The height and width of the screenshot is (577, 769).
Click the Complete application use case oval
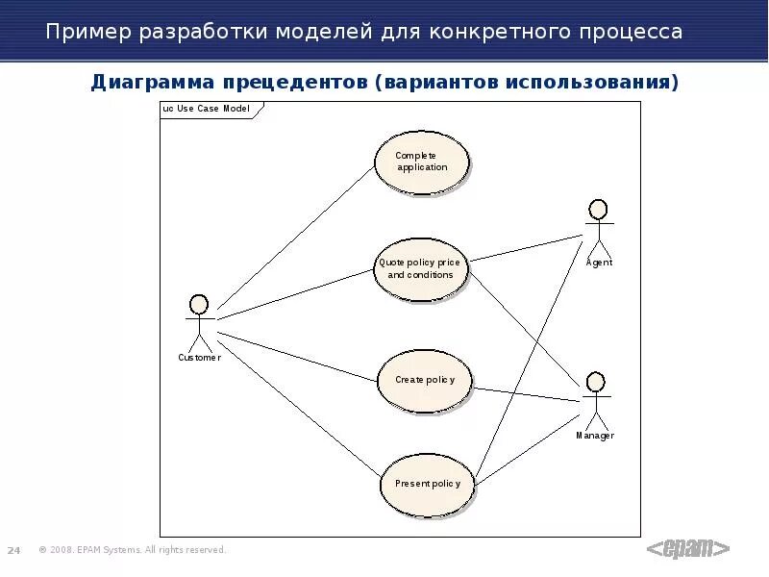pos(420,162)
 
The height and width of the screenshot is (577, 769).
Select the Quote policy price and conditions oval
pos(420,268)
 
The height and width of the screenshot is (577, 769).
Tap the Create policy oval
pos(424,380)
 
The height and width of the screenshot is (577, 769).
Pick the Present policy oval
pos(427,484)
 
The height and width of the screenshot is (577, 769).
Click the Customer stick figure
pos(199,322)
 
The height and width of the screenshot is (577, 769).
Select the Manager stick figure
pos(595,400)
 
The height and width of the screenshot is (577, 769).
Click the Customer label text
pos(199,358)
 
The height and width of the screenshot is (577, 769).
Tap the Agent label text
pos(599,263)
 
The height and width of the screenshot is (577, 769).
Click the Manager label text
pos(595,436)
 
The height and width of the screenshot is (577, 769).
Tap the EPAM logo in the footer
pos(687,548)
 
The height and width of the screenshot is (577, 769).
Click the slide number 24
pos(14,550)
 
